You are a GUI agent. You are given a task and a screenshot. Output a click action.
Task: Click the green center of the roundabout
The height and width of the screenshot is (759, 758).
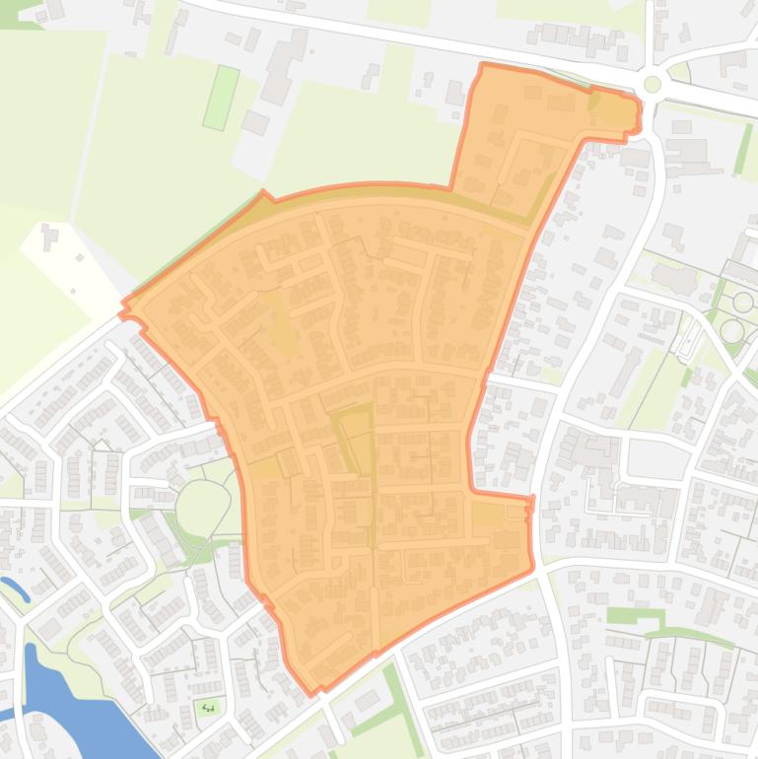tap(652, 84)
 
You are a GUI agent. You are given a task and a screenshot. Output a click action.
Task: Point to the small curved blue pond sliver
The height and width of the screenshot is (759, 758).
tap(15, 589)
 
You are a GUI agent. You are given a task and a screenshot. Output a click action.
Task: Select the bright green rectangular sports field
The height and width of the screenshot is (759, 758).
tap(222, 97)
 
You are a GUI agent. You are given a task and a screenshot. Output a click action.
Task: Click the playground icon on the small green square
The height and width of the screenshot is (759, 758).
tap(208, 707)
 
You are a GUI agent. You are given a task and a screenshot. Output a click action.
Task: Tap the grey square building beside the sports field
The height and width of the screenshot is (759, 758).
tap(255, 122)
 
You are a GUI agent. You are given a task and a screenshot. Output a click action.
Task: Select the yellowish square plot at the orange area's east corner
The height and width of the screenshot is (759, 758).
tap(487, 513)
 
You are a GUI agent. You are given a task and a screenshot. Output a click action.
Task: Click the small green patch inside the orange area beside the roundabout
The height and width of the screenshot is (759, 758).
tap(594, 100)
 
